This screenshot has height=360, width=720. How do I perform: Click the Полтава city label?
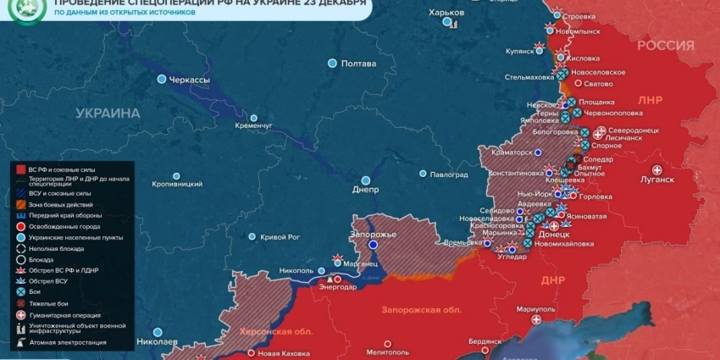coord(357,64)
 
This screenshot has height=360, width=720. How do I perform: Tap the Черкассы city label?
coord(190,80)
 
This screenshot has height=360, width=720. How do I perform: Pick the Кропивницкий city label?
coord(177,184)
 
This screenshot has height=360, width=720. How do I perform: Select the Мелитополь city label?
coord(388,352)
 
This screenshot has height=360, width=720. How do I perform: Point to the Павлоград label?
coord(449,174)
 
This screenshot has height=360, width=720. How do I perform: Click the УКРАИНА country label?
coord(108,113)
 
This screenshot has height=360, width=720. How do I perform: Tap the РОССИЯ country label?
coord(665,45)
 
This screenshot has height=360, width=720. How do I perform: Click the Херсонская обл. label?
coord(276,331)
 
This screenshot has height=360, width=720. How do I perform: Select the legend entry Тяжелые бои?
coord(49,303)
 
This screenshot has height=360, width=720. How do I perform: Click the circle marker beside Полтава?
coord(332,64)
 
